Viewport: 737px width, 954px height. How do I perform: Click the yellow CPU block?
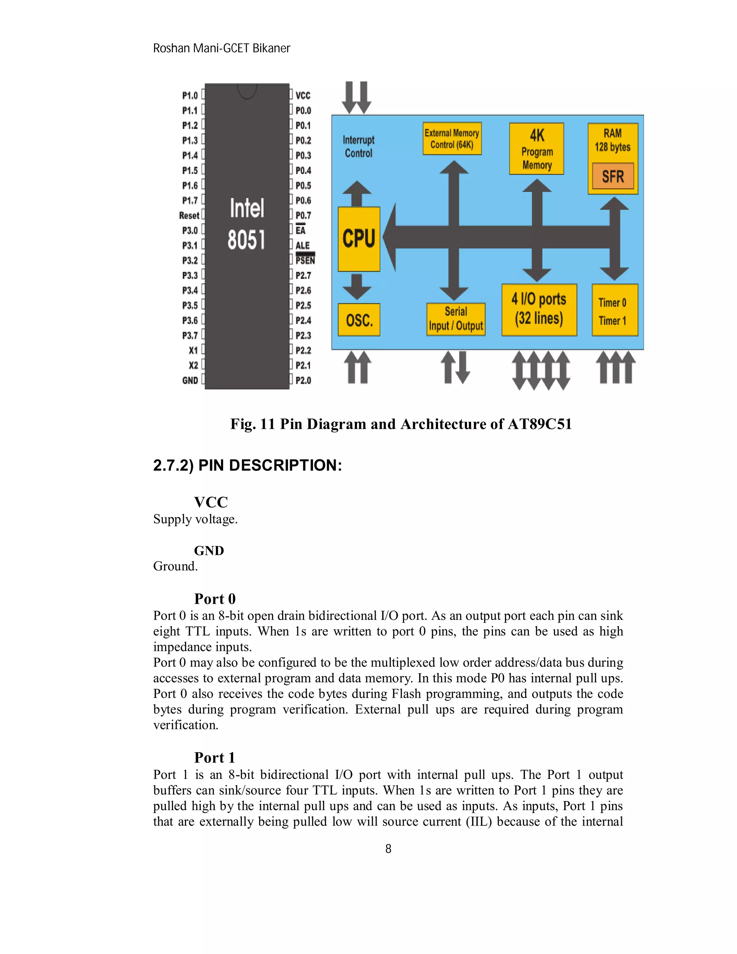[359, 239]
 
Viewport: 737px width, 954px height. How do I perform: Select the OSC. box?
[359, 320]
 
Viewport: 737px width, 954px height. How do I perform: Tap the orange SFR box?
[612, 176]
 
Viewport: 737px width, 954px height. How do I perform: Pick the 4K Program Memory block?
[537, 149]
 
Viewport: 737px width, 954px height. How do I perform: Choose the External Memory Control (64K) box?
[452, 139]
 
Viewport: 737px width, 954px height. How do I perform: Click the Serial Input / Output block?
[456, 319]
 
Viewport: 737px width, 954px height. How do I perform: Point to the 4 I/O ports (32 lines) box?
[539, 310]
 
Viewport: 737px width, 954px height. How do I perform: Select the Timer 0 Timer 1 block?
[614, 310]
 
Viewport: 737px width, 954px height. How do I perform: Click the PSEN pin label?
[305, 260]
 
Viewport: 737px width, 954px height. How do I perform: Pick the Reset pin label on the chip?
[189, 215]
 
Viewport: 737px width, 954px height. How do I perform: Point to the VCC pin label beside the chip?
[303, 96]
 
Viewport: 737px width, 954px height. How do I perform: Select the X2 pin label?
[193, 365]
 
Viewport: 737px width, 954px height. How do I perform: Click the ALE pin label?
[302, 246]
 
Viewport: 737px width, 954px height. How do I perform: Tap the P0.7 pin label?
[303, 215]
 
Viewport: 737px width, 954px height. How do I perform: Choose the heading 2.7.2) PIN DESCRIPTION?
[247, 465]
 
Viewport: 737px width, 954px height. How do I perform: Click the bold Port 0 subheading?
[215, 598]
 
